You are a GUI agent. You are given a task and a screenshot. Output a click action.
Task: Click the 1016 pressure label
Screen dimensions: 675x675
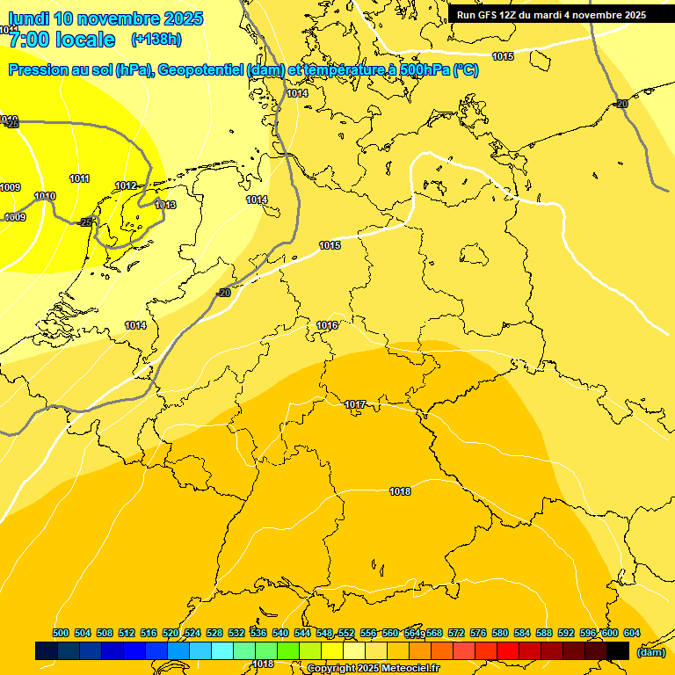click(327, 325)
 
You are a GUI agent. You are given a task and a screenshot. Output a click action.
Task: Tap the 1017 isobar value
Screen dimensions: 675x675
click(355, 404)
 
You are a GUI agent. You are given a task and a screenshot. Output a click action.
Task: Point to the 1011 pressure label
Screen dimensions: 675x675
click(79, 178)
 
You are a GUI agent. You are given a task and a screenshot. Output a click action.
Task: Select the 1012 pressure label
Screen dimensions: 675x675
click(126, 185)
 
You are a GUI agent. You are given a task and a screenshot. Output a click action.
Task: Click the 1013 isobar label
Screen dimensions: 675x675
click(165, 205)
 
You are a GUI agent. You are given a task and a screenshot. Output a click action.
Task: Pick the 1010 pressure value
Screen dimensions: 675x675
click(45, 196)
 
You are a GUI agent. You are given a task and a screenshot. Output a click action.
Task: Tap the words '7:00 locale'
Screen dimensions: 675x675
click(62, 40)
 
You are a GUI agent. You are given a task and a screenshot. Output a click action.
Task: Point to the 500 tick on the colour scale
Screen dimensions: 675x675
click(61, 633)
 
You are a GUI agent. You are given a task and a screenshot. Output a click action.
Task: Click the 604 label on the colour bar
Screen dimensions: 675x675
click(631, 633)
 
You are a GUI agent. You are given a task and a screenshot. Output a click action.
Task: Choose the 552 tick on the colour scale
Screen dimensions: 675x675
click(346, 633)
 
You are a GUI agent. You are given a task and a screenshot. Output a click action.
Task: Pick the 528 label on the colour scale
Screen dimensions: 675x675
click(214, 633)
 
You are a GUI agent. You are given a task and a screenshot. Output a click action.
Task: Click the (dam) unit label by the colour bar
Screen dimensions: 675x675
click(650, 652)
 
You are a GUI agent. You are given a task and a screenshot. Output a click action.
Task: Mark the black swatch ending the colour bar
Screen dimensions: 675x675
click(618, 650)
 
